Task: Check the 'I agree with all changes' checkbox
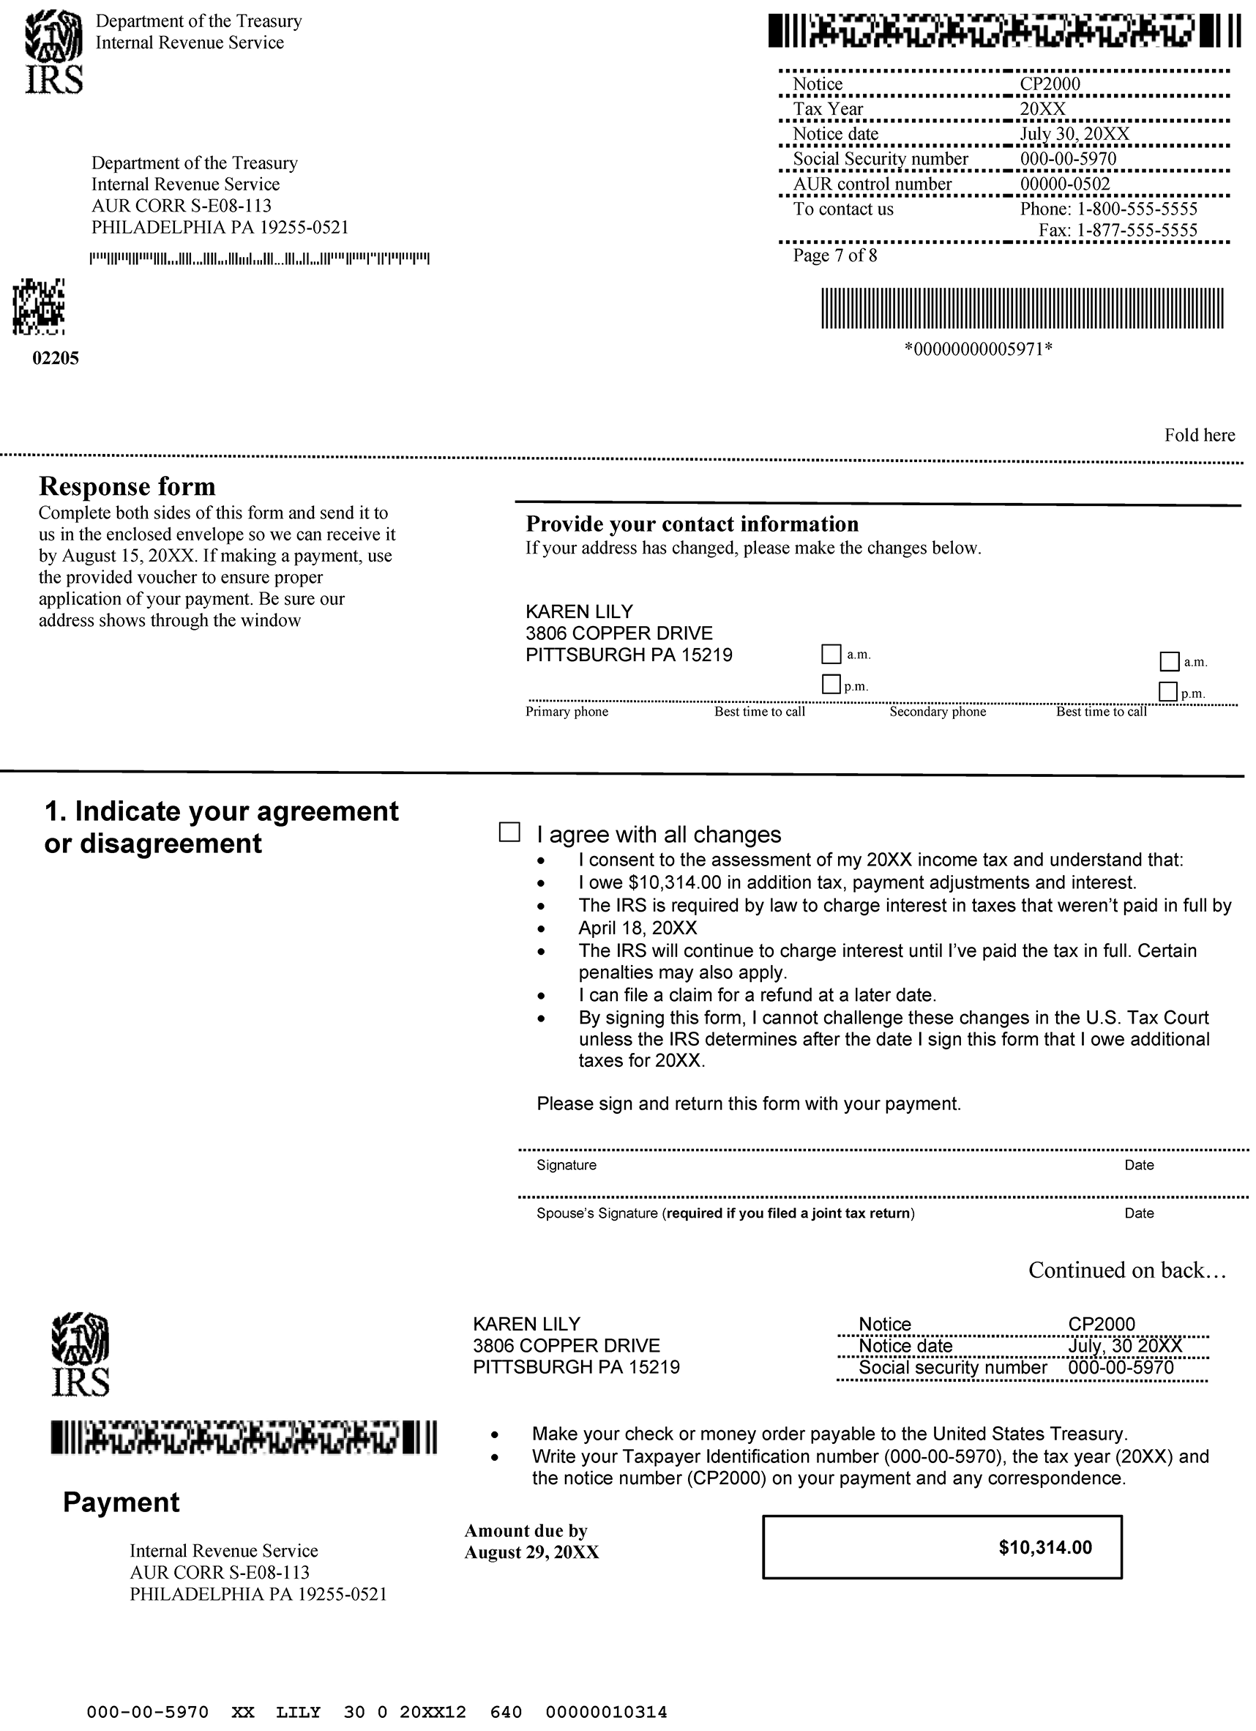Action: click(x=509, y=832)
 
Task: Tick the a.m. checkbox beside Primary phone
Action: click(x=831, y=654)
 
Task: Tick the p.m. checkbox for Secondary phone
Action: click(x=1167, y=691)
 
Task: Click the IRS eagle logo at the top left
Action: click(x=54, y=51)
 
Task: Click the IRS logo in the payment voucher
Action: click(x=80, y=1354)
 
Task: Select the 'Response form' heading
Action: click(x=127, y=486)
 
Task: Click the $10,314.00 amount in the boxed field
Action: click(x=1044, y=1547)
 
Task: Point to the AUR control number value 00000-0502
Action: click(x=1064, y=184)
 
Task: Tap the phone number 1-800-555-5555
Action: click(x=1136, y=209)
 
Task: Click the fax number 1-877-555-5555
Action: click(x=1136, y=231)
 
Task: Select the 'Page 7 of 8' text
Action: click(x=835, y=256)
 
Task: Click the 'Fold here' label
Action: click(x=1199, y=435)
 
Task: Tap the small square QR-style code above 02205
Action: click(x=38, y=307)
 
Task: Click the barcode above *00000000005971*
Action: click(x=1022, y=308)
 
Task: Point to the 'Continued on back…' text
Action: click(x=1127, y=1270)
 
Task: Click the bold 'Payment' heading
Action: click(x=122, y=1502)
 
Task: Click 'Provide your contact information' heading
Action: click(x=692, y=524)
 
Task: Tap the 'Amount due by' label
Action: click(x=526, y=1531)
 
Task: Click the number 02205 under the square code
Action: click(x=56, y=358)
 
